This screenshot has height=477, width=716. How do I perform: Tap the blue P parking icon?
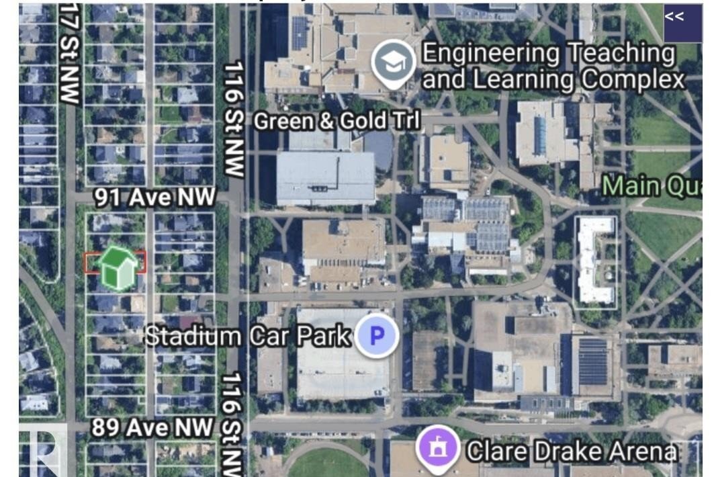pos(377,335)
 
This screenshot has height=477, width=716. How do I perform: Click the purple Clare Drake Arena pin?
pos(437,448)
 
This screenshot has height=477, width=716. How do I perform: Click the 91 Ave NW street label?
pos(154,197)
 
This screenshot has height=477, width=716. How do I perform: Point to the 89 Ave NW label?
pos(152,427)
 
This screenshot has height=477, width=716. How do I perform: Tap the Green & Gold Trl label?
pos(337,121)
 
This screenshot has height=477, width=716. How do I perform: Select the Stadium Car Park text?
pos(249,335)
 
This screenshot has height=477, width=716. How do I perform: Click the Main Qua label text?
pos(652,185)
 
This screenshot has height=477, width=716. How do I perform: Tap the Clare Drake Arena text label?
pos(571,451)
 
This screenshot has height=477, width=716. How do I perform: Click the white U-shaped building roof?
pos(595,259)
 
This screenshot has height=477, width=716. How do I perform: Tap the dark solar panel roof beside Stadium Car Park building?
pos(592,363)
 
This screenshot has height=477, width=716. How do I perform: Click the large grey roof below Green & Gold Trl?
pos(326,178)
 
